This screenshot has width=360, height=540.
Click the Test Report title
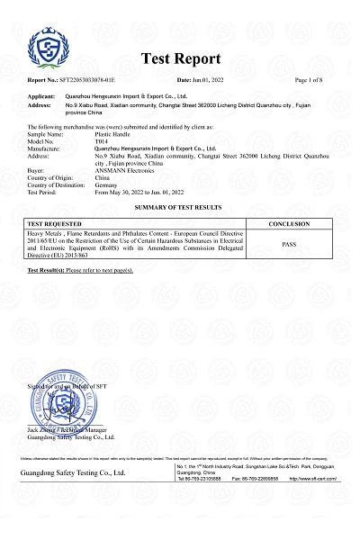181,58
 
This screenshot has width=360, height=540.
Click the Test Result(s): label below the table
45,270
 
